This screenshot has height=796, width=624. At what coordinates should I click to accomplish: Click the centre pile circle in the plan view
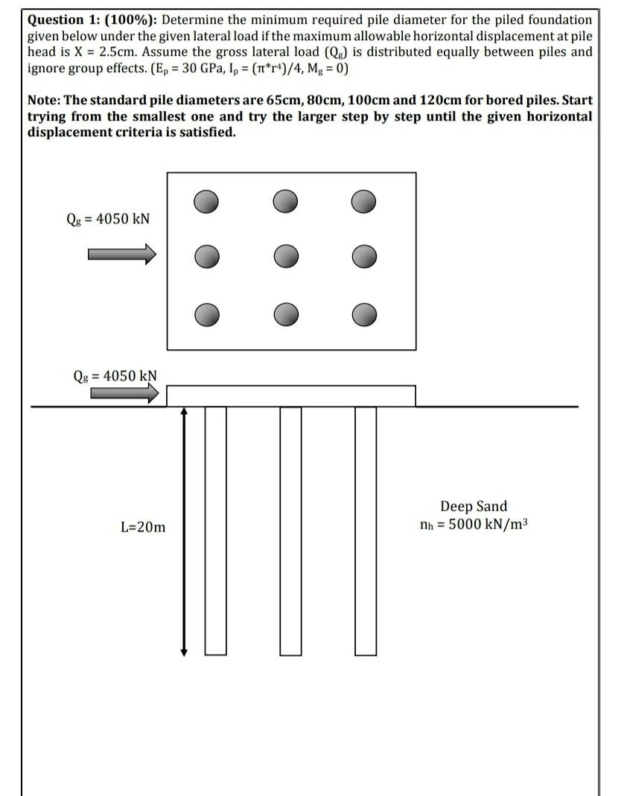click(x=285, y=256)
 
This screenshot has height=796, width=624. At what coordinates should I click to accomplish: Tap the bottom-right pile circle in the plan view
click(x=363, y=314)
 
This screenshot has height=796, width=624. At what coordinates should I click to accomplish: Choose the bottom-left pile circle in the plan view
click(x=208, y=314)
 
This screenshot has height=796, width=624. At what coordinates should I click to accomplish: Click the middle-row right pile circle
click(x=363, y=256)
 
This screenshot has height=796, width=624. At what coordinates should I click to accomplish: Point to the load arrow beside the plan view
click(x=122, y=255)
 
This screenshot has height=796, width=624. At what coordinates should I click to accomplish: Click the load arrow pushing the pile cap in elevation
click(x=124, y=393)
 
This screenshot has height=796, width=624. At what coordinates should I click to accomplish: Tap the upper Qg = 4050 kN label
click(x=108, y=218)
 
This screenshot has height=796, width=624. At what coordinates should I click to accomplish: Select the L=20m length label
click(x=143, y=527)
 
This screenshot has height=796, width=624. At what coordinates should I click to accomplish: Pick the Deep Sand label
click(x=474, y=506)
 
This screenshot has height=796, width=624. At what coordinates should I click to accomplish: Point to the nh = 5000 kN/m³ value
click(x=474, y=523)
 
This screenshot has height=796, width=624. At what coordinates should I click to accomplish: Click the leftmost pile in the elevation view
click(x=215, y=530)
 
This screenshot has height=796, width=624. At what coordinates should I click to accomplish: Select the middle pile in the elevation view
click(x=290, y=530)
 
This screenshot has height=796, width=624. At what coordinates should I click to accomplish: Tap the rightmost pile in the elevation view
click(x=366, y=530)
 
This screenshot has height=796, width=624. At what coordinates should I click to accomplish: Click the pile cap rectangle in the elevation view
click(x=290, y=395)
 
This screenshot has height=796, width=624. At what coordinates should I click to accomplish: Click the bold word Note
click(x=44, y=101)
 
